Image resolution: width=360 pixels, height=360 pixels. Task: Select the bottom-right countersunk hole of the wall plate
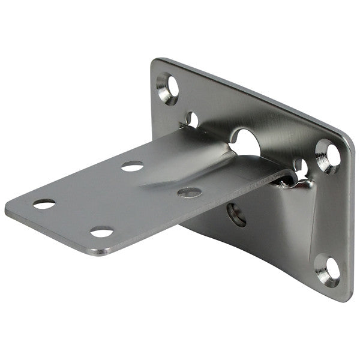click(x=327, y=269)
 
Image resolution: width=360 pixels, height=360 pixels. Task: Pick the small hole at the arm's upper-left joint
click(x=192, y=119)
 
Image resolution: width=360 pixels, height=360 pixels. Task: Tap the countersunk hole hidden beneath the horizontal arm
click(x=236, y=214)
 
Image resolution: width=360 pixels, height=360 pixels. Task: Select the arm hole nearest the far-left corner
click(x=44, y=204)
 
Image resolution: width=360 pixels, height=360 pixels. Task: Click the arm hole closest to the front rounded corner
click(x=102, y=232)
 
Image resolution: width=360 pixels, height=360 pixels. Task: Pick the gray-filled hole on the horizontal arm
click(x=189, y=193)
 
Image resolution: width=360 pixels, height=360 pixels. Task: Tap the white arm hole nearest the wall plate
click(x=133, y=166)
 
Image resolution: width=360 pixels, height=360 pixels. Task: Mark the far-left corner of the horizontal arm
click(x=8, y=211)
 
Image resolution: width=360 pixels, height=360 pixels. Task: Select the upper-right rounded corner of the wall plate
click(x=347, y=141)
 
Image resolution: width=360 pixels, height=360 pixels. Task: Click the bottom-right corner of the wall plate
click(x=347, y=296)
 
